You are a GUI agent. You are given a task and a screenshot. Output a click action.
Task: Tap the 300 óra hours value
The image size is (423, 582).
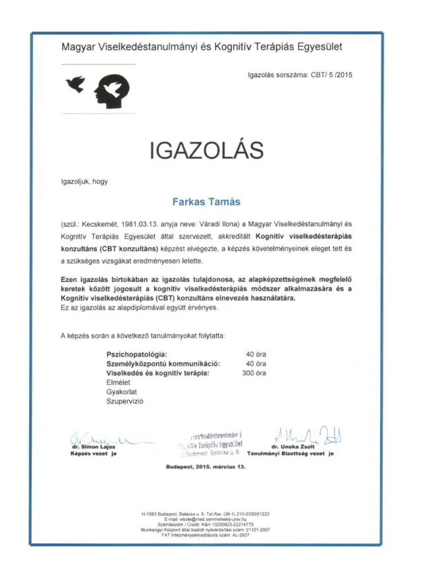point(254,373)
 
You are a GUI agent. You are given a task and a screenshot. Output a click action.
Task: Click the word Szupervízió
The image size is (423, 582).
point(125,401)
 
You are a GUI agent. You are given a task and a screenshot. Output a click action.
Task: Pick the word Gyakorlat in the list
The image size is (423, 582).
point(122,392)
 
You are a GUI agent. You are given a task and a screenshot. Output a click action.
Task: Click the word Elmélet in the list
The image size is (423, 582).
point(119,382)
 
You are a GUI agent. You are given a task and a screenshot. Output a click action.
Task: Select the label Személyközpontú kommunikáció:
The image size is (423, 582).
point(163,363)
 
